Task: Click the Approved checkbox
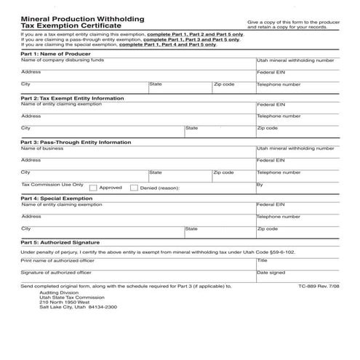[93, 188]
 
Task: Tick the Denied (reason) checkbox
[134, 188]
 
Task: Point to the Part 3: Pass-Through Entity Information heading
[76, 143]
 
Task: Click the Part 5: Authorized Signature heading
[60, 242]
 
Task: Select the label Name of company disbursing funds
[62, 60]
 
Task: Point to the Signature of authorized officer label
[56, 272]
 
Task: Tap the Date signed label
[271, 273]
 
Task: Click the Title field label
[263, 260]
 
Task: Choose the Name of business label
[42, 148]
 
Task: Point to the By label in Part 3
[260, 185]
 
